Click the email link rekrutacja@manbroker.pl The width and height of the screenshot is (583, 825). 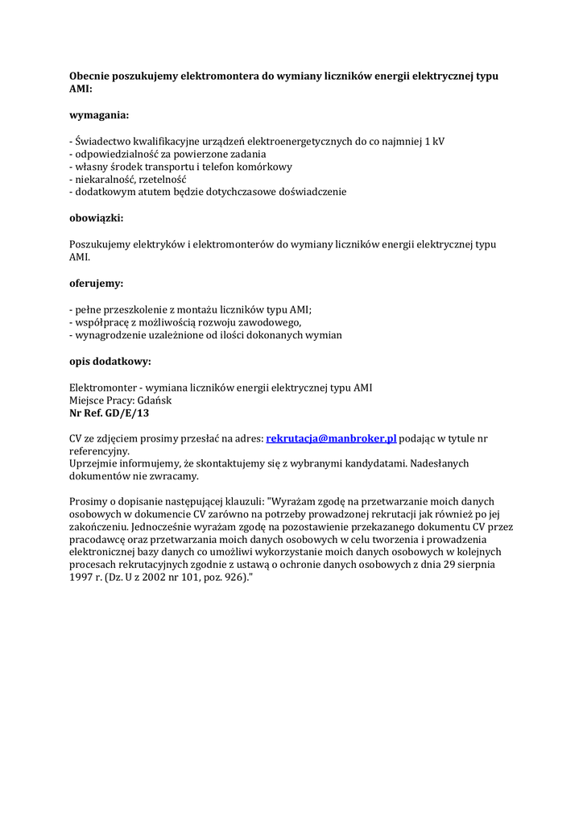[331, 438]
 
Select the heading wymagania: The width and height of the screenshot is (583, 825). [99, 115]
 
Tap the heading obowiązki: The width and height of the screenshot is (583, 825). [97, 218]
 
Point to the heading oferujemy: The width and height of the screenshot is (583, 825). [97, 284]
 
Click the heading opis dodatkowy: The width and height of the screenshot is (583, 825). [110, 361]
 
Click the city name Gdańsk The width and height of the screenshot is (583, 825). [155, 400]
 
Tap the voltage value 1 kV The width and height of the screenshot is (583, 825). [434, 141]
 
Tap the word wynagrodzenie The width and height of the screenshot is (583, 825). [110, 335]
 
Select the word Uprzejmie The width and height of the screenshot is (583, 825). [95, 463]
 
